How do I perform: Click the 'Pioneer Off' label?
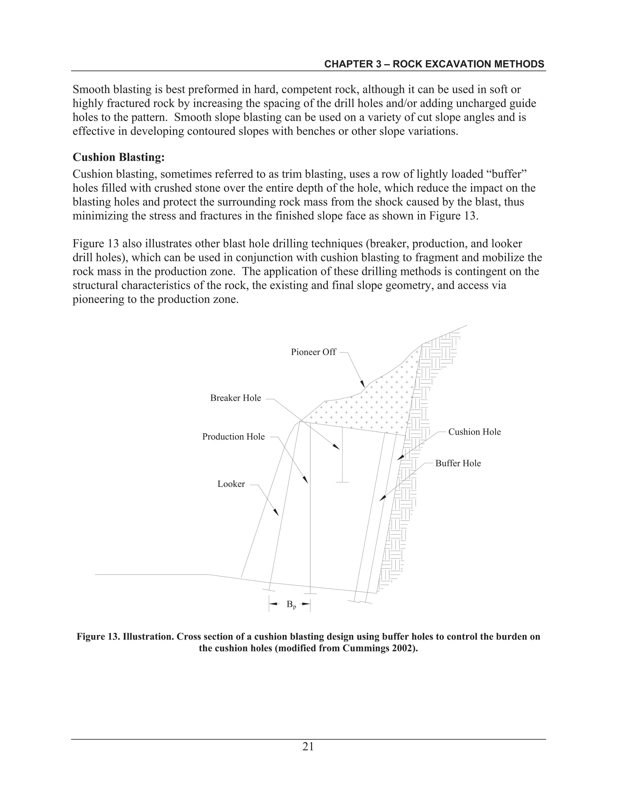point(313,352)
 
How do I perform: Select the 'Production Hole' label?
point(233,437)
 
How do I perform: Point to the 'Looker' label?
point(231,484)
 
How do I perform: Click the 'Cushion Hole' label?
point(474,432)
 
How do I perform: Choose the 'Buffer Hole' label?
point(458,463)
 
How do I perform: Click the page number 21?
point(308,747)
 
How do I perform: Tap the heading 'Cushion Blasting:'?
point(119,157)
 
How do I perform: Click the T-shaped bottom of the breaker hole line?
point(342,482)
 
